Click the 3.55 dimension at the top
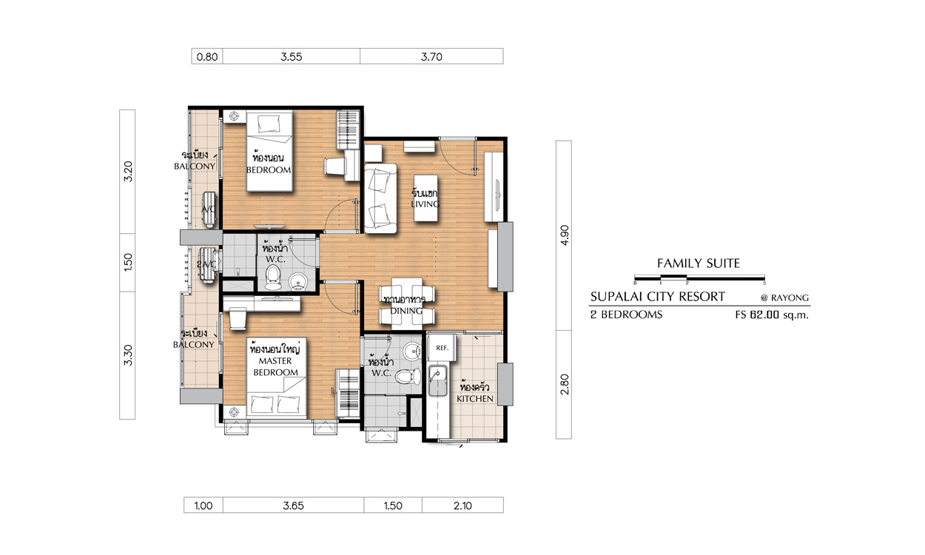click(291, 56)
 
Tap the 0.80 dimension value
click(207, 56)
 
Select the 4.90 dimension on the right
click(565, 235)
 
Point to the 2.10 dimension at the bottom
click(462, 505)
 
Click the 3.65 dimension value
click(293, 505)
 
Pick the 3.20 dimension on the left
click(128, 172)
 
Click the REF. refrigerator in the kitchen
click(442, 348)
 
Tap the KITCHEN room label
click(475, 399)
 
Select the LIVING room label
click(425, 204)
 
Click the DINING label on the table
click(406, 311)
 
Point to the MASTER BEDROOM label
click(275, 367)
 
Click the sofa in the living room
click(380, 198)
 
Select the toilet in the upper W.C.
click(272, 277)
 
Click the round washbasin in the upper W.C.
click(297, 283)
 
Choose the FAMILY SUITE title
click(699, 263)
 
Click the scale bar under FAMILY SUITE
click(700, 277)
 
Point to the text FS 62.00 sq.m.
click(772, 314)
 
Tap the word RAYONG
click(790, 297)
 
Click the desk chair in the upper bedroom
click(335, 166)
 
